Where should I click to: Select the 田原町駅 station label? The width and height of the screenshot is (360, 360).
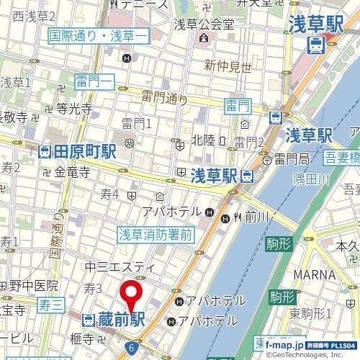(77, 152)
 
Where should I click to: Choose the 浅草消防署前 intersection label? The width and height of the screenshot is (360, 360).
(156, 234)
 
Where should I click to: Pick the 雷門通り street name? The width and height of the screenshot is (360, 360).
(164, 98)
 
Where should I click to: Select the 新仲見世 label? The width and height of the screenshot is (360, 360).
(228, 66)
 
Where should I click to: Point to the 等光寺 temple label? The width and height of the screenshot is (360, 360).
(74, 109)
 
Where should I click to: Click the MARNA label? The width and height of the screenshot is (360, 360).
(314, 274)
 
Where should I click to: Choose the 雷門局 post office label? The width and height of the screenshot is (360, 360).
(291, 158)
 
